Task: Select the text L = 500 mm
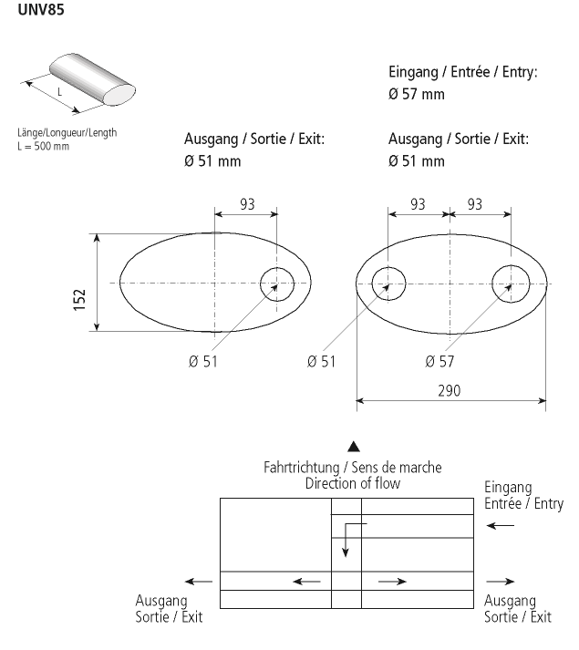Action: point(43,146)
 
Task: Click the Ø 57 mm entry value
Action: point(417,94)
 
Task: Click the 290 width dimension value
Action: point(450,390)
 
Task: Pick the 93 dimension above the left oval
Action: point(247,203)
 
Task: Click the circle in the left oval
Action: point(278,284)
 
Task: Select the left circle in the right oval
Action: point(389,284)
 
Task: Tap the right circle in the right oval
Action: point(510,284)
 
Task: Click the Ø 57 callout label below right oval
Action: point(442,361)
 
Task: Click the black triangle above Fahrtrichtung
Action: point(354,447)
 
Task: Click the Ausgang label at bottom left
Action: point(161,601)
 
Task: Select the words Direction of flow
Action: point(353,483)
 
